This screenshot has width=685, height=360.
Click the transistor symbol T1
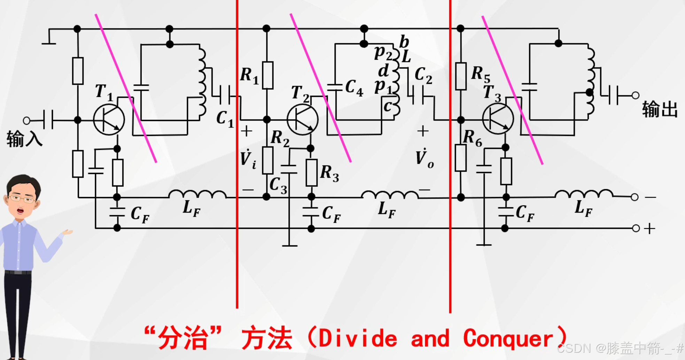pos(109,120)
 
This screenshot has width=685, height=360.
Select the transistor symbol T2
pos(302,120)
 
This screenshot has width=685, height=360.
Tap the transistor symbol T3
pos(498,119)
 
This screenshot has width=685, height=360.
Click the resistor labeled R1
pos(267,75)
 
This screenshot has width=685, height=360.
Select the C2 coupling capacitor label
pos(423,75)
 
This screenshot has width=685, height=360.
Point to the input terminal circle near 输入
pos(26,121)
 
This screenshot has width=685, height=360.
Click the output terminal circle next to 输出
pos(635,95)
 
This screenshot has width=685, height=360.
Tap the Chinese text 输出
pos(660,109)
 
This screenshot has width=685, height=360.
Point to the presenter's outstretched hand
pos(68,232)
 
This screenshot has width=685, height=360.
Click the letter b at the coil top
pos(404,42)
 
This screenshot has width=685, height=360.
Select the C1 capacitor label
pos(225,119)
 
